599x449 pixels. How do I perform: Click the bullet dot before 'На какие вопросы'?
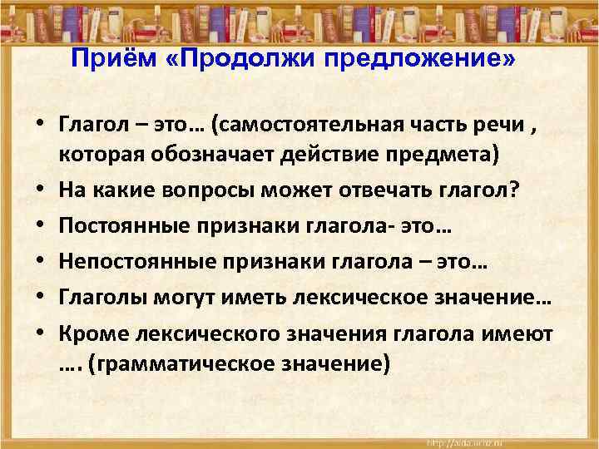39,192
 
